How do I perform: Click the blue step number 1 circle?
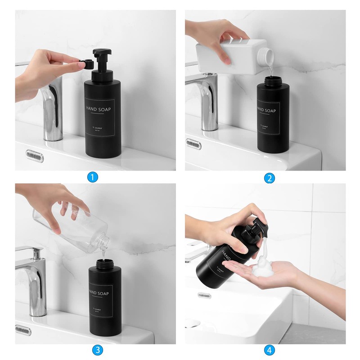[x=92, y=177]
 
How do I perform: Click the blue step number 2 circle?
[x=269, y=178]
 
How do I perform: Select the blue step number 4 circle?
[x=269, y=350]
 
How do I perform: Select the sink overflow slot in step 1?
[x=35, y=156]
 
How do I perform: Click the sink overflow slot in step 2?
[x=193, y=144]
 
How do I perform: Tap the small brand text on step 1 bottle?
[x=99, y=128]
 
